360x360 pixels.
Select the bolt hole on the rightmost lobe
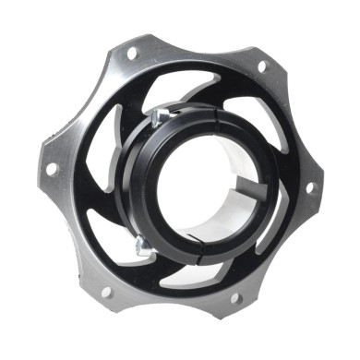click(x=308, y=186)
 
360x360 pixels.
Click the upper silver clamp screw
click(x=160, y=114)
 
